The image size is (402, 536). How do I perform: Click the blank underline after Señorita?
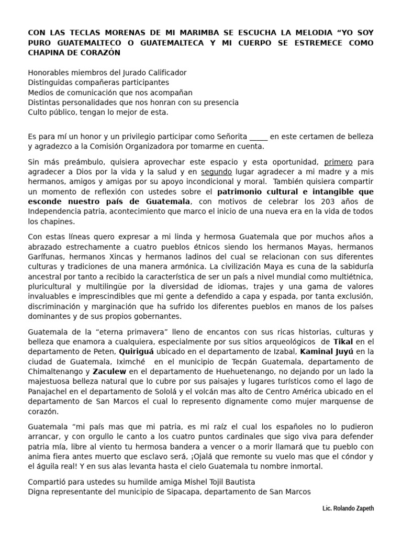pyautogui.click(x=259, y=137)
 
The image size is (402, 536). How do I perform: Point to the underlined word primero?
pyautogui.click(x=339, y=162)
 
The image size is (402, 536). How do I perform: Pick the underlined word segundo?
pyautogui.click(x=217, y=172)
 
